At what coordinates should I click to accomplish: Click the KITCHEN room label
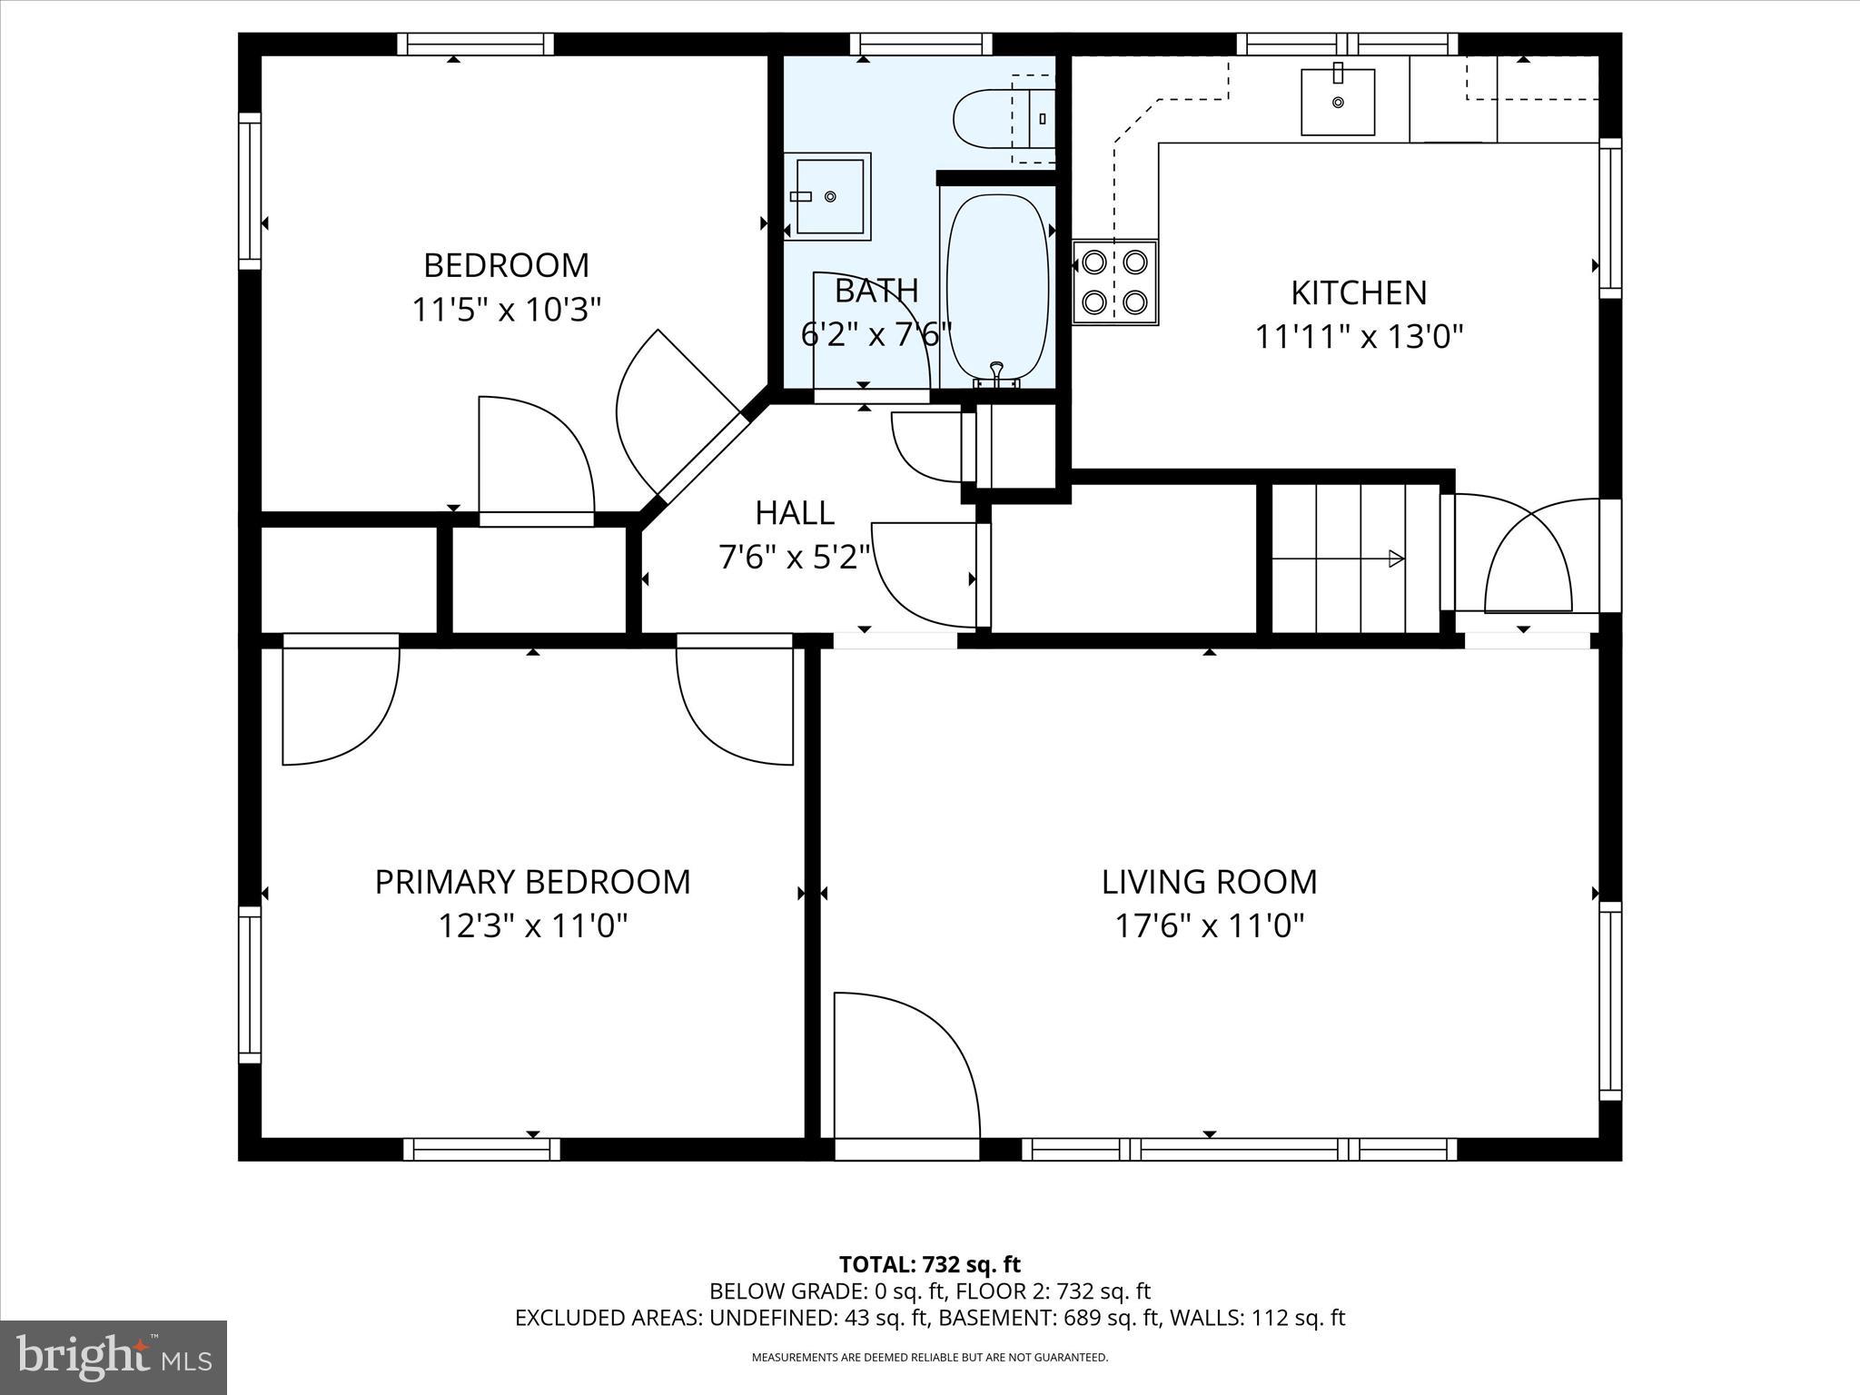[x=1359, y=292]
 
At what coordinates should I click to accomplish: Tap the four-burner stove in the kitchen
[x=1115, y=282]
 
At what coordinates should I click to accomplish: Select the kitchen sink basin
[x=1338, y=102]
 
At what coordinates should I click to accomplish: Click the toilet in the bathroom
[x=1004, y=117]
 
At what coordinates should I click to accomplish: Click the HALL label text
[x=795, y=513]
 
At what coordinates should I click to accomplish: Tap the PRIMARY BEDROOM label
[x=533, y=882]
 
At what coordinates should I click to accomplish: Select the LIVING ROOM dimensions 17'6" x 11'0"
[x=1210, y=926]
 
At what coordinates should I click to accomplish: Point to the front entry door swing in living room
[x=907, y=1065]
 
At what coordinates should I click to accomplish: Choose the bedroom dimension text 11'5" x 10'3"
[x=507, y=310]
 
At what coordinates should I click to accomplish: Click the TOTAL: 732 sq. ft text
[x=930, y=1264]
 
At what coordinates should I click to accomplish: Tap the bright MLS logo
[x=114, y=1357]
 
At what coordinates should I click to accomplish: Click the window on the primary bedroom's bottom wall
[x=481, y=1149]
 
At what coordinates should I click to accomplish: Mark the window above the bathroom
[x=922, y=44]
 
